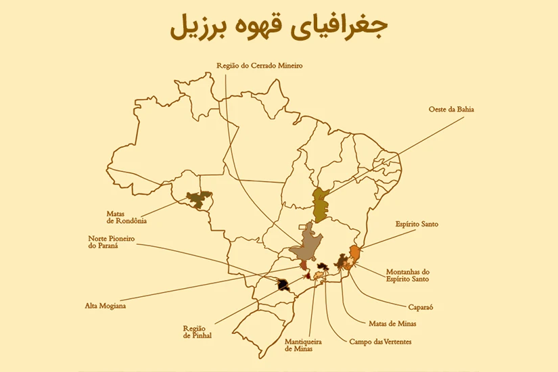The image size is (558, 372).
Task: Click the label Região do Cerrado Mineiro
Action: pos(259,66)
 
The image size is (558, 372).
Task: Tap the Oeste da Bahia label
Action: pos(451,109)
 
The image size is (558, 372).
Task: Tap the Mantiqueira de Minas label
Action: pos(303,345)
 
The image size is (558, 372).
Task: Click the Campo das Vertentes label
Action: pos(380,342)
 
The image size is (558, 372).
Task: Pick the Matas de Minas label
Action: pos(393,323)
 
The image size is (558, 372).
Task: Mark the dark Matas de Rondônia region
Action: pos(198,199)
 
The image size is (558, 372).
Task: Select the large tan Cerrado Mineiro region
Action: pos(308,248)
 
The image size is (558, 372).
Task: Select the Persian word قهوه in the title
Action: pos(263,27)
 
